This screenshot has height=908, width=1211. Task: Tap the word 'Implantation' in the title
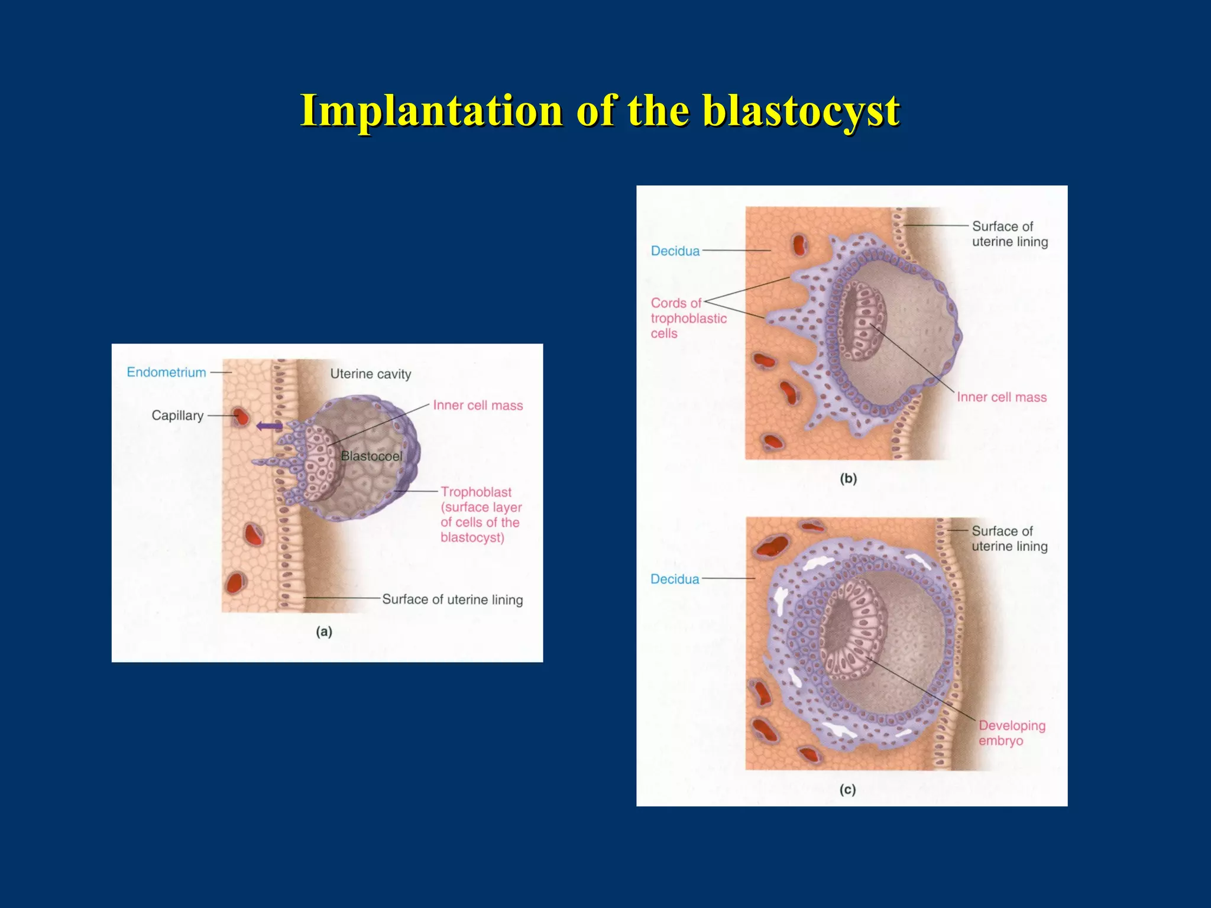(431, 111)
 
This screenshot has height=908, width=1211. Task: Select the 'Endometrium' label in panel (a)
(166, 372)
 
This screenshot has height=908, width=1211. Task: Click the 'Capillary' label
(177, 416)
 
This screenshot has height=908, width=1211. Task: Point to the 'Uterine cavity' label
(370, 374)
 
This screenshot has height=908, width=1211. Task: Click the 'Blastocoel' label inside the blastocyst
(371, 456)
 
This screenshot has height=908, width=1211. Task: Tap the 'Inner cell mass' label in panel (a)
(478, 406)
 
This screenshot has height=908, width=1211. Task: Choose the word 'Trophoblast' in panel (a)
(476, 492)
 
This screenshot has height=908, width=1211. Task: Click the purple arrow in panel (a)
(269, 426)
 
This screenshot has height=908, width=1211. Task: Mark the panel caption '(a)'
(324, 632)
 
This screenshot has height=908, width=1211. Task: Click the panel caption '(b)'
(849, 479)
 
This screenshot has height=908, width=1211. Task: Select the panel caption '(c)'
(848, 790)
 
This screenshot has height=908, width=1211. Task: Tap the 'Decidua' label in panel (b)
(675, 251)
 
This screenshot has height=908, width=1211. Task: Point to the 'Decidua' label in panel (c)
(675, 579)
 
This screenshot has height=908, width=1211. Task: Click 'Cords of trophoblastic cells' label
(688, 318)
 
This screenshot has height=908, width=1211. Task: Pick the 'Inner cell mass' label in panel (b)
(1002, 397)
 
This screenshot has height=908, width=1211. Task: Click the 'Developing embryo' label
(1011, 733)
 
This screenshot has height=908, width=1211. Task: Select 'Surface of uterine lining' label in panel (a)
(452, 599)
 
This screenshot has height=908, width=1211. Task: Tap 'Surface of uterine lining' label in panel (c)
(1009, 539)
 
